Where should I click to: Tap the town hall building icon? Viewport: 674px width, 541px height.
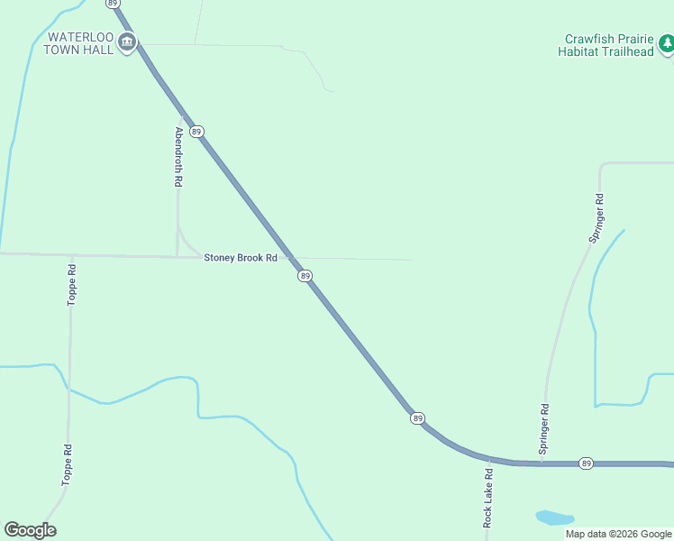[x=127, y=42]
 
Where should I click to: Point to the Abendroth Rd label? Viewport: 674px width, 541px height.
[x=178, y=156]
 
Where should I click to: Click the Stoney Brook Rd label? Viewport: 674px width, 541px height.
[x=241, y=258]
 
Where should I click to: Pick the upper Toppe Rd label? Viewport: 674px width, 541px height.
[x=72, y=284]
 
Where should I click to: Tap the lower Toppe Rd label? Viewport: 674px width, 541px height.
[x=67, y=465]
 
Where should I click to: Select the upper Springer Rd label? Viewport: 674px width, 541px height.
[x=596, y=217]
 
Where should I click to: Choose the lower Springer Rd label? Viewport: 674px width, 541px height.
[x=544, y=427]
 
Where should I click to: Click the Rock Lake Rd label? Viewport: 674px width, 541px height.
[x=487, y=497]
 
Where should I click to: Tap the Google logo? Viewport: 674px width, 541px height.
[x=30, y=530]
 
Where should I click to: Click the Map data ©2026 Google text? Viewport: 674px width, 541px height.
[x=618, y=534]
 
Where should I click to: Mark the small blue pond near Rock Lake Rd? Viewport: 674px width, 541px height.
[x=554, y=518]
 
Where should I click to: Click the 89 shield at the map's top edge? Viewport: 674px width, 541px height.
[x=113, y=4]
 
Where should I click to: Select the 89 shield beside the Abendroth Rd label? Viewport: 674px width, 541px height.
[x=197, y=132]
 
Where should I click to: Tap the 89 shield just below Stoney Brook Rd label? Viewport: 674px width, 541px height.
[x=305, y=276]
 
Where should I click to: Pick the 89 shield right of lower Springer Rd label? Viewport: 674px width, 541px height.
[x=586, y=463]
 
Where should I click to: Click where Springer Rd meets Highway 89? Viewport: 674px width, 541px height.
[x=541, y=463]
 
